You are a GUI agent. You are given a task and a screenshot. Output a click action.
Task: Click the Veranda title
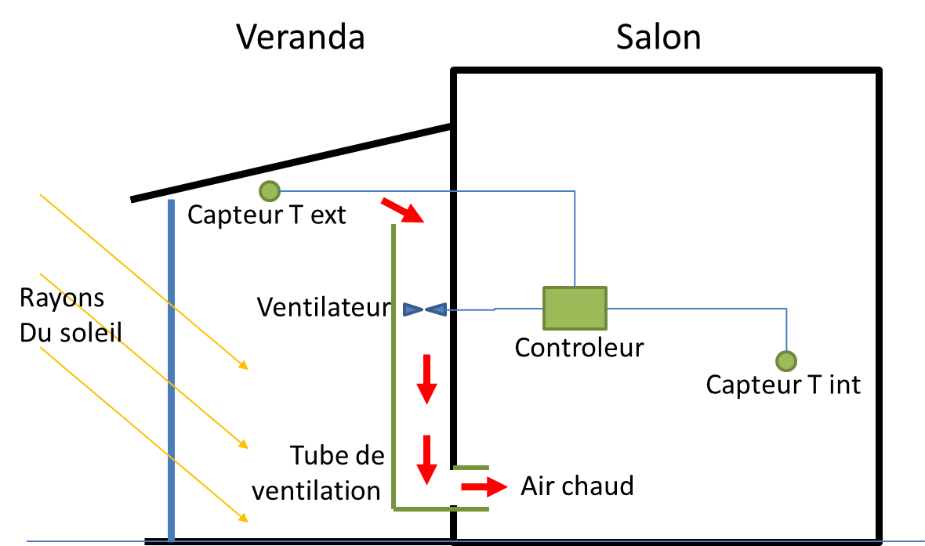(x=301, y=37)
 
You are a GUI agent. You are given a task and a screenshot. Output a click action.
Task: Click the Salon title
(x=658, y=37)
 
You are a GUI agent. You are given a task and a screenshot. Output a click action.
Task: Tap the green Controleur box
(x=575, y=308)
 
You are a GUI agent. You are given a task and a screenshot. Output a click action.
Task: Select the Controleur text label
(x=579, y=348)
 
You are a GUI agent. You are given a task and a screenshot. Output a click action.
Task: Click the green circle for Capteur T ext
(x=269, y=190)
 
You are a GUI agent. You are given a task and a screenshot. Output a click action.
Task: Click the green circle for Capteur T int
(x=785, y=360)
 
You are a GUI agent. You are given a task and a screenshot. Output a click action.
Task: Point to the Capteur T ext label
(x=267, y=215)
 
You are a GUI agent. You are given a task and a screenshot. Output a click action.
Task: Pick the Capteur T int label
(x=783, y=385)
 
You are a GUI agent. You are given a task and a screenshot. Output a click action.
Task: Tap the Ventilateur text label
(x=323, y=308)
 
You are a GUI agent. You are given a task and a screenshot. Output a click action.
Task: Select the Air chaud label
(x=577, y=486)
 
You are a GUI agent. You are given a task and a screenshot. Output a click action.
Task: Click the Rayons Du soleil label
(x=71, y=316)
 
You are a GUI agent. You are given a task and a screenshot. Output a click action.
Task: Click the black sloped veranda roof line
(x=290, y=162)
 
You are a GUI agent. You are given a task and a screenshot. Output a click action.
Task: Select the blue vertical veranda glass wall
(x=171, y=368)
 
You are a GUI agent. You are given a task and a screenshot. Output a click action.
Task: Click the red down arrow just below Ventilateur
(x=426, y=379)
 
